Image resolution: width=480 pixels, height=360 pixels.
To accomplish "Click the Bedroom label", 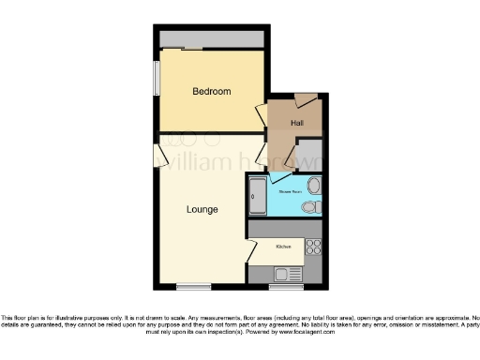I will pyautogui.click(x=212, y=91).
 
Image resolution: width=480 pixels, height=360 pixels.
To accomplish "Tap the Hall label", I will pyautogui.click(x=296, y=123).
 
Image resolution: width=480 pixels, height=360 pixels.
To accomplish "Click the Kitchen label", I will pyautogui.click(x=283, y=247).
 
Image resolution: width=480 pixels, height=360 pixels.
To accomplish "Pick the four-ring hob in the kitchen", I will pyautogui.click(x=314, y=247).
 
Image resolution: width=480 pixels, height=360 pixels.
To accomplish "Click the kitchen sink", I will pyautogui.click(x=282, y=273).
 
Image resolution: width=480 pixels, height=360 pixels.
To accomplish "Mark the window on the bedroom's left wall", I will pyautogui.click(x=157, y=78).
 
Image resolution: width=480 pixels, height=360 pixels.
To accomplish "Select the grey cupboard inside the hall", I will pyautogui.click(x=309, y=153).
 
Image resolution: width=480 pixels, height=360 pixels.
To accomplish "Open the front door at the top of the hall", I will pyautogui.click(x=305, y=97).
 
